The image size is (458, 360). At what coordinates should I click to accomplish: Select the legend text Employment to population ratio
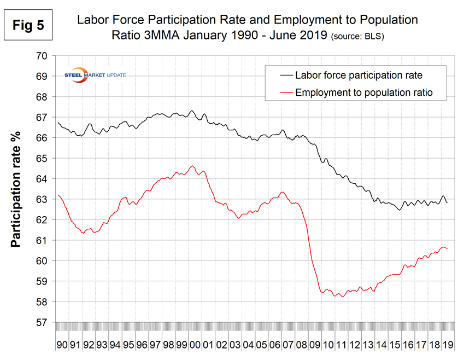(363, 92)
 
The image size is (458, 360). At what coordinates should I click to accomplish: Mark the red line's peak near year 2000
(192, 166)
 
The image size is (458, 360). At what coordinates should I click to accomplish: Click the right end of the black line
(448, 203)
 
